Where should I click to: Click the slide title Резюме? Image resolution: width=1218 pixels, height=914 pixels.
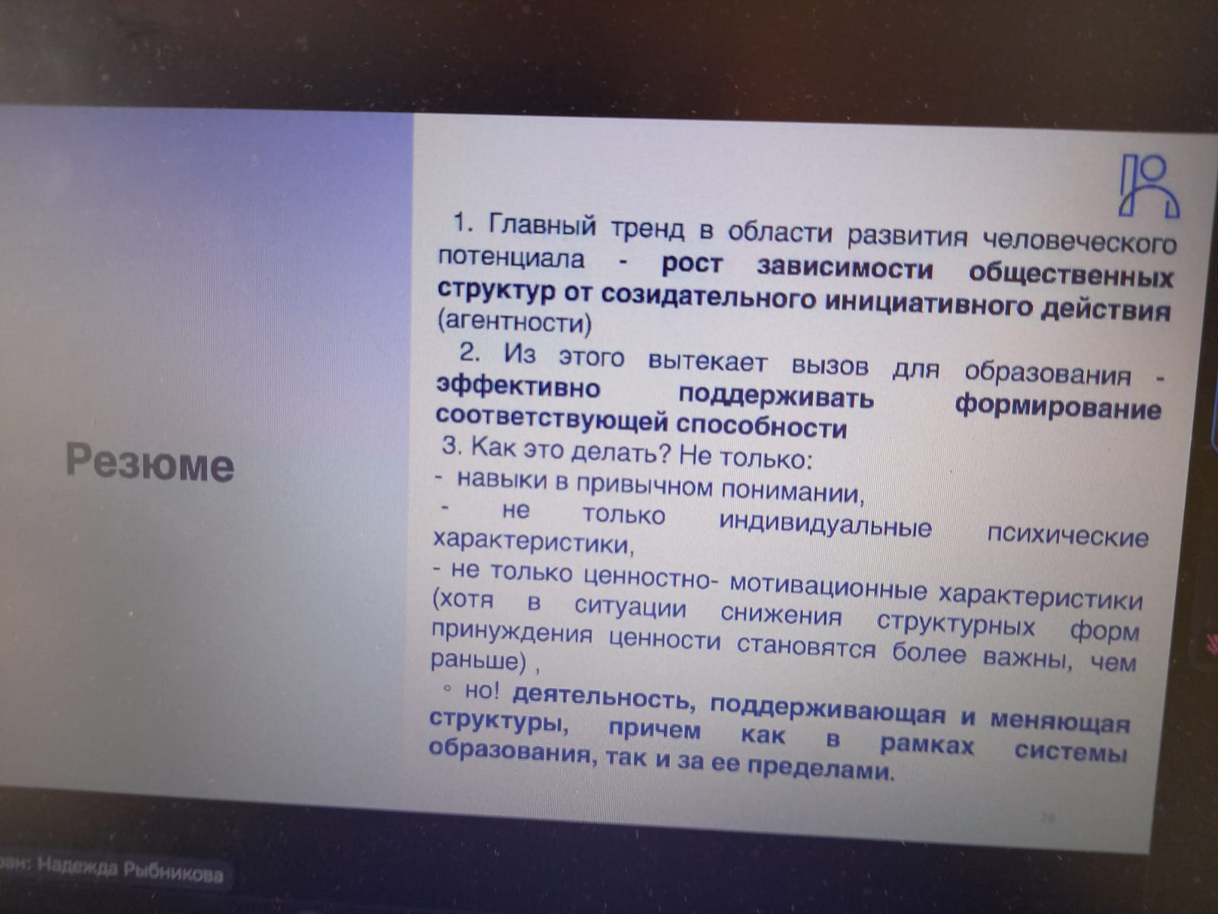[150, 462]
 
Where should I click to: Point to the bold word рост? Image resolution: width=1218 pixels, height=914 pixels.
[692, 265]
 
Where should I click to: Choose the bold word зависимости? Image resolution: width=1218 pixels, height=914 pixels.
[844, 270]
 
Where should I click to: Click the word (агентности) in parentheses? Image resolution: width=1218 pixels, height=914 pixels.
[515, 321]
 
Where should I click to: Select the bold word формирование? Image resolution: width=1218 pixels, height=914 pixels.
[1057, 408]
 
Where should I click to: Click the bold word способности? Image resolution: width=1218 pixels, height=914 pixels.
[761, 427]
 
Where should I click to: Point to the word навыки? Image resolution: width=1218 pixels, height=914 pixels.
[502, 480]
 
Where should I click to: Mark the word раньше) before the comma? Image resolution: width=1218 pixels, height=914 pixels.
[478, 661]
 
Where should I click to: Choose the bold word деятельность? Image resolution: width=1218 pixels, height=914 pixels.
[604, 698]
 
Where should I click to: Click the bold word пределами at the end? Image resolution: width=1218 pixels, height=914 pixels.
[821, 769]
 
